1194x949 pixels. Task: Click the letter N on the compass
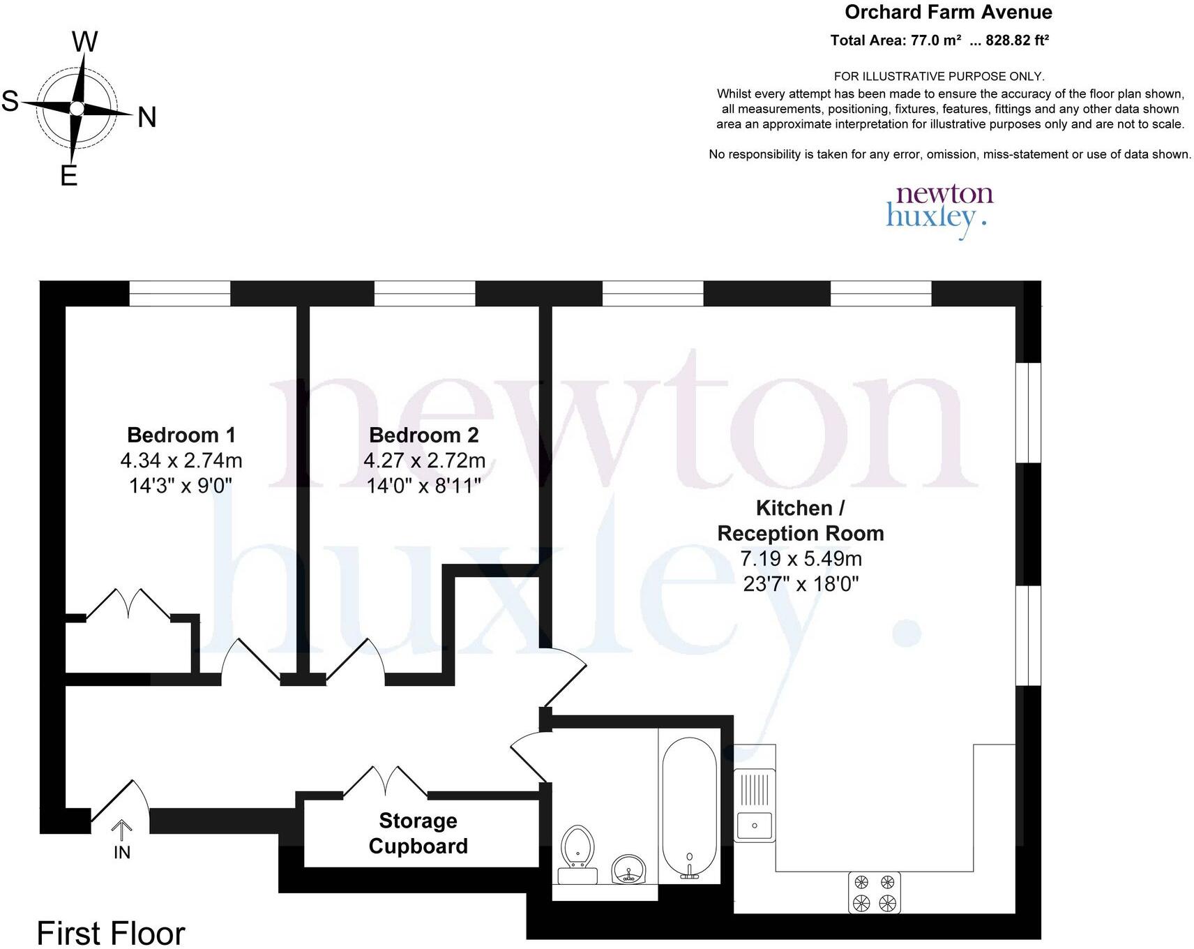pyautogui.click(x=146, y=117)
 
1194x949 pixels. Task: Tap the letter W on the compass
pyautogui.click(x=84, y=42)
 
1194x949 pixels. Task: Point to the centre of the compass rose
pyautogui.click(x=77, y=109)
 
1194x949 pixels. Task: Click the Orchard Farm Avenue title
pyautogui.click(x=948, y=12)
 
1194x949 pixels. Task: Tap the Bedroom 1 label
pyautogui.click(x=181, y=435)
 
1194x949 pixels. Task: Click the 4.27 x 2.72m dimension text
pyautogui.click(x=424, y=461)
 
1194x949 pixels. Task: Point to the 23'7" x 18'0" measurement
pyautogui.click(x=801, y=583)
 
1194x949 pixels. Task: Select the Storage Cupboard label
pyautogui.click(x=418, y=833)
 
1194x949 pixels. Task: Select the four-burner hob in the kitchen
pyautogui.click(x=875, y=892)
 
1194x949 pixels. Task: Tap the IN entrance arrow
pyautogui.click(x=122, y=830)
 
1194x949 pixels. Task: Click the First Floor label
pyautogui.click(x=111, y=933)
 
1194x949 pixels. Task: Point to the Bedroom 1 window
pyautogui.click(x=179, y=293)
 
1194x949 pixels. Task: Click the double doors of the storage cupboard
pyautogui.click(x=385, y=782)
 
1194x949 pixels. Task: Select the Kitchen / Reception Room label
pyautogui.click(x=801, y=521)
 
